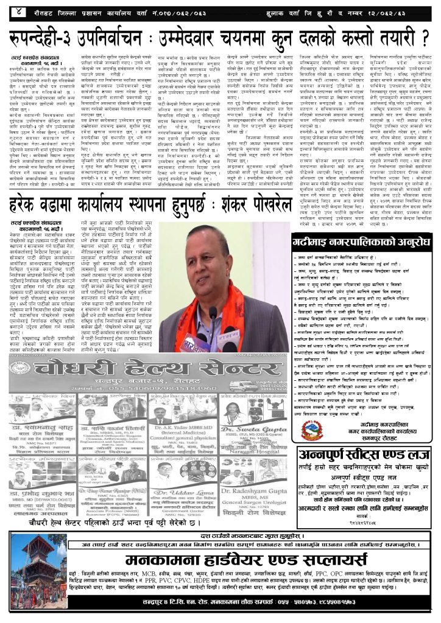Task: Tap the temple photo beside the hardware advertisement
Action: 39,571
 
